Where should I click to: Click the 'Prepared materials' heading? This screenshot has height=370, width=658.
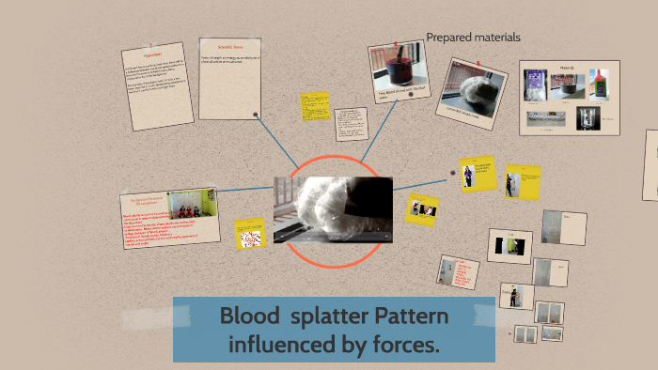coord(473,38)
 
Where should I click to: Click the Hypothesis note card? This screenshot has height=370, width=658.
coord(158,86)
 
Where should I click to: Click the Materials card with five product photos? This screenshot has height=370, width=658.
coord(571,97)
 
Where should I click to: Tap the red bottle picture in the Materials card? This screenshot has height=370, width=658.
coord(599,85)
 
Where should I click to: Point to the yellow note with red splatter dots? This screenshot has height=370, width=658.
coord(250,234)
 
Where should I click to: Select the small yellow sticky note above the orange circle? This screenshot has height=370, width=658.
coord(313,106)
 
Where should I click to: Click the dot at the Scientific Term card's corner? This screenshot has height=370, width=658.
coord(256,115)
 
